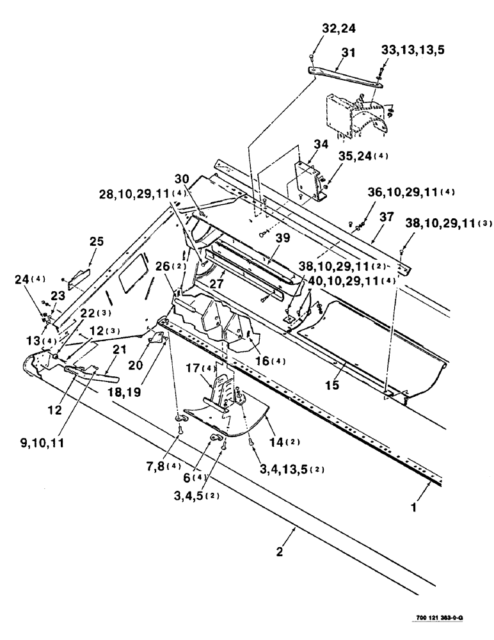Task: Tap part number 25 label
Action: point(95,242)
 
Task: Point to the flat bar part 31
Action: point(346,76)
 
